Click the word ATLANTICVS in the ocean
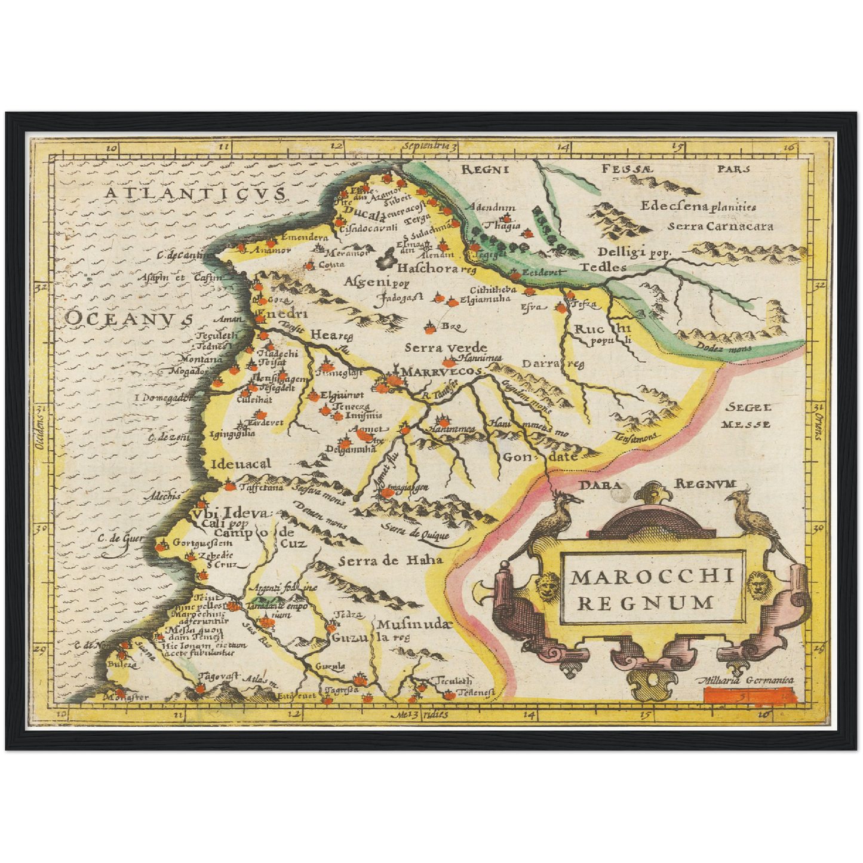coord(194,194)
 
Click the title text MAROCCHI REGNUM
coord(652,589)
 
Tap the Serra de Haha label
coord(391,560)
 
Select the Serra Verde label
coord(446,348)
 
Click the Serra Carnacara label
coord(720,226)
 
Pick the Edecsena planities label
coord(698,207)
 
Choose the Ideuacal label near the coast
coord(241,463)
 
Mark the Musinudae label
coord(412,624)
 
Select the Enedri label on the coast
coord(280,314)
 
